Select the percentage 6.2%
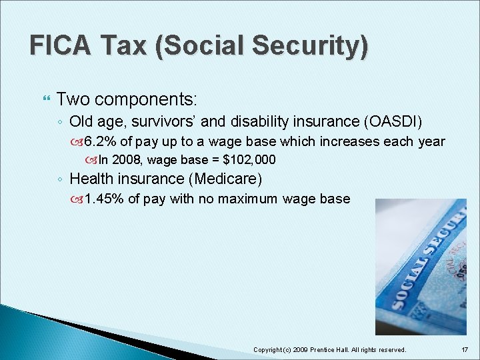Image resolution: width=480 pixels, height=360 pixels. click(x=101, y=141)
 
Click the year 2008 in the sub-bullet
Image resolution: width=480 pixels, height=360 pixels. click(x=126, y=160)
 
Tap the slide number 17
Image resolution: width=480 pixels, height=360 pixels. click(x=464, y=349)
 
